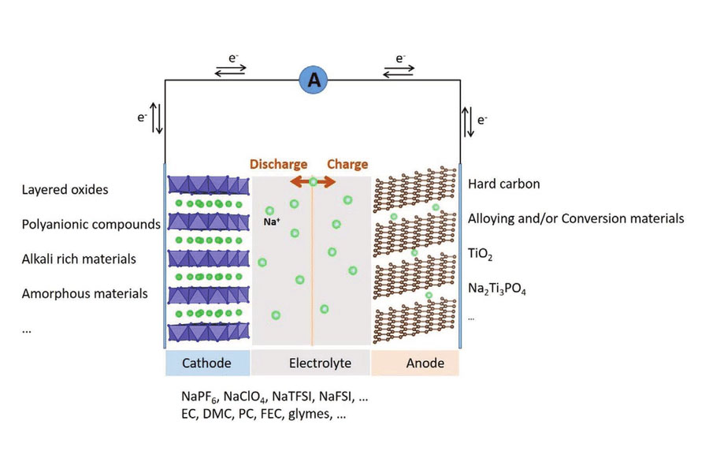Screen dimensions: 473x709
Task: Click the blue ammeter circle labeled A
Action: click(314, 80)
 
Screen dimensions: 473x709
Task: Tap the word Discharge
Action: click(278, 165)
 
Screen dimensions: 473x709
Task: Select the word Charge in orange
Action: click(347, 165)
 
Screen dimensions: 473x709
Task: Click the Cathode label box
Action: click(207, 363)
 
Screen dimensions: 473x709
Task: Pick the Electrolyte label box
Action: click(310, 363)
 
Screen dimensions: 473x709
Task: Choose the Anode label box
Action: click(415, 363)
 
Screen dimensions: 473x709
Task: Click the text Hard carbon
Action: click(503, 184)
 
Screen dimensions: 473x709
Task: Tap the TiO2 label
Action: click(480, 255)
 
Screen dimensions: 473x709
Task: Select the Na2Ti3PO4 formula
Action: click(497, 290)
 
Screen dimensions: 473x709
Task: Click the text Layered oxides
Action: click(65, 190)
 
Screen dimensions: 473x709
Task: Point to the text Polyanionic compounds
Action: click(91, 225)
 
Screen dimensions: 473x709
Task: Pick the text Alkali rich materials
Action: click(79, 259)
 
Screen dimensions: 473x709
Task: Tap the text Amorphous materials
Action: click(85, 294)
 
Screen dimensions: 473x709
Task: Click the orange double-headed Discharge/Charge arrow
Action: click(313, 182)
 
